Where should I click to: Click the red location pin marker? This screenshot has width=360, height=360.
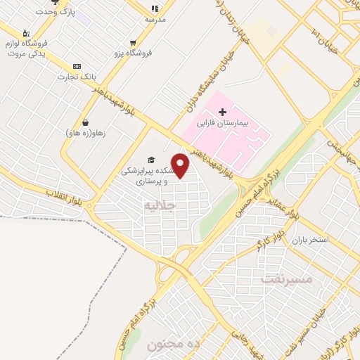tap(180, 166)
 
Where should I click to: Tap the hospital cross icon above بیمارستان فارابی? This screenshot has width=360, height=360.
tap(223, 112)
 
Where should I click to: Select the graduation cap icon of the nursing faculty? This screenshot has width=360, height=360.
tap(150, 160)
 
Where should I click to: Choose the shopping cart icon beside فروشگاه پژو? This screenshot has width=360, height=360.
tap(134, 43)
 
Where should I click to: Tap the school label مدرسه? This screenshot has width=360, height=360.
tap(155, 19)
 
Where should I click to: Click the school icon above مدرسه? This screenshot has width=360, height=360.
tap(155, 9)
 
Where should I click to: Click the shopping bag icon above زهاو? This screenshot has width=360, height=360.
tap(85, 122)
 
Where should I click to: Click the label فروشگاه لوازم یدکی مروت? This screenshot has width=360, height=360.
tap(32, 44)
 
